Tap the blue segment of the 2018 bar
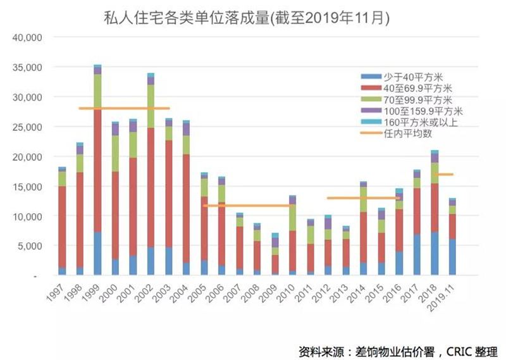tap(434, 253)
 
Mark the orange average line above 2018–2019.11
tap(443, 174)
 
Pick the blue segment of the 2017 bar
tap(416, 255)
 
